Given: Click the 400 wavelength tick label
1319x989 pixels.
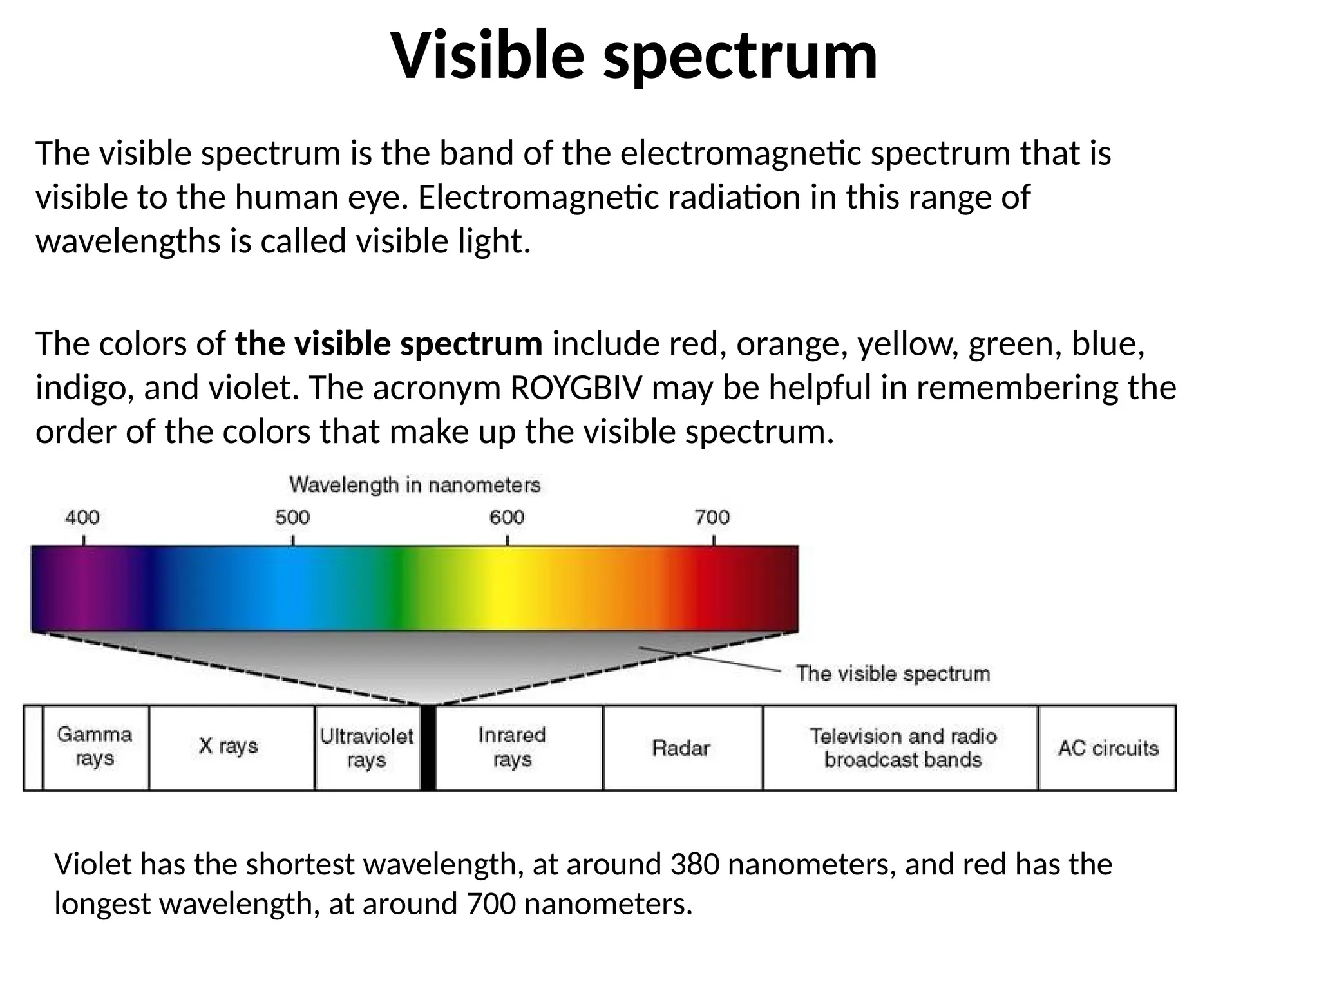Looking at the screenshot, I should [82, 517].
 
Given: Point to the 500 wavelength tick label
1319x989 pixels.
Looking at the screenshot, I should [292, 517].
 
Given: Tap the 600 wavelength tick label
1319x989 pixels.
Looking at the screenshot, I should [507, 517].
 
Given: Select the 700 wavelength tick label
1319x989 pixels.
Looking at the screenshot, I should [712, 517].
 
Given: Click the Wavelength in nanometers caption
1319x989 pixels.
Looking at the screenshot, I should [415, 485].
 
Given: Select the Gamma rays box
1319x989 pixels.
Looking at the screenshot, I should [95, 747].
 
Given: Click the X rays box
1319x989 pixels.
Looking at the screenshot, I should [229, 746].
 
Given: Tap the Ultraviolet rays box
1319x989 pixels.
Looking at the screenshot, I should [366, 748].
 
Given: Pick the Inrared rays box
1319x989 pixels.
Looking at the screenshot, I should [513, 747].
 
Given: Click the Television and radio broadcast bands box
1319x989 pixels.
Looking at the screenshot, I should [902, 748].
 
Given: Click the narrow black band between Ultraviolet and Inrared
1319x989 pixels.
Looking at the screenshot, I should [428, 748].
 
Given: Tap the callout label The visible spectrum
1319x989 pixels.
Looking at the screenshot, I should [893, 674].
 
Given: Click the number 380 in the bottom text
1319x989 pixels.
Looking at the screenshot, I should [694, 864].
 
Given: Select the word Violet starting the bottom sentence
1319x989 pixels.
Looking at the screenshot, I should [93, 864].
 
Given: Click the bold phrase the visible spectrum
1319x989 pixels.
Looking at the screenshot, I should [388, 344].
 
